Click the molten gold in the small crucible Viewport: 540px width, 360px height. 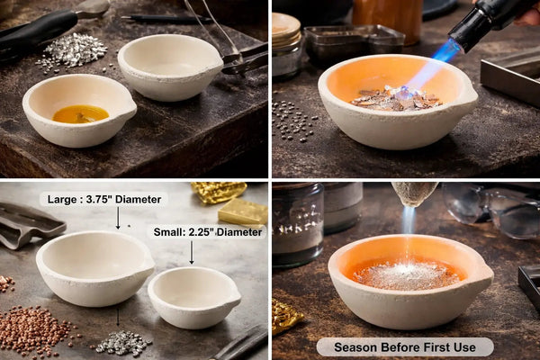coord(81,114)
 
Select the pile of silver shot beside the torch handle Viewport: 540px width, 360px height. coord(73,51)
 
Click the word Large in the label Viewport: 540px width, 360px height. coord(61,200)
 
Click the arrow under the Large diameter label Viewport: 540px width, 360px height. coord(118,219)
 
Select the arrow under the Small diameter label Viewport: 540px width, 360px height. coord(192,253)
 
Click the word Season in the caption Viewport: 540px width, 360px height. coord(355,347)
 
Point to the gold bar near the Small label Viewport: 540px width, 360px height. coord(243,211)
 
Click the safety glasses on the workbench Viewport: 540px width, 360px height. coord(492,209)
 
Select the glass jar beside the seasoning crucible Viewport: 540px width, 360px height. coord(298,225)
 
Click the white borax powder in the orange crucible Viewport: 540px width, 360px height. coord(407,274)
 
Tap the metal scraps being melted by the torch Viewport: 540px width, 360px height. coord(396,99)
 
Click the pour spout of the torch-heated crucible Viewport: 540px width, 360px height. coord(471,95)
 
